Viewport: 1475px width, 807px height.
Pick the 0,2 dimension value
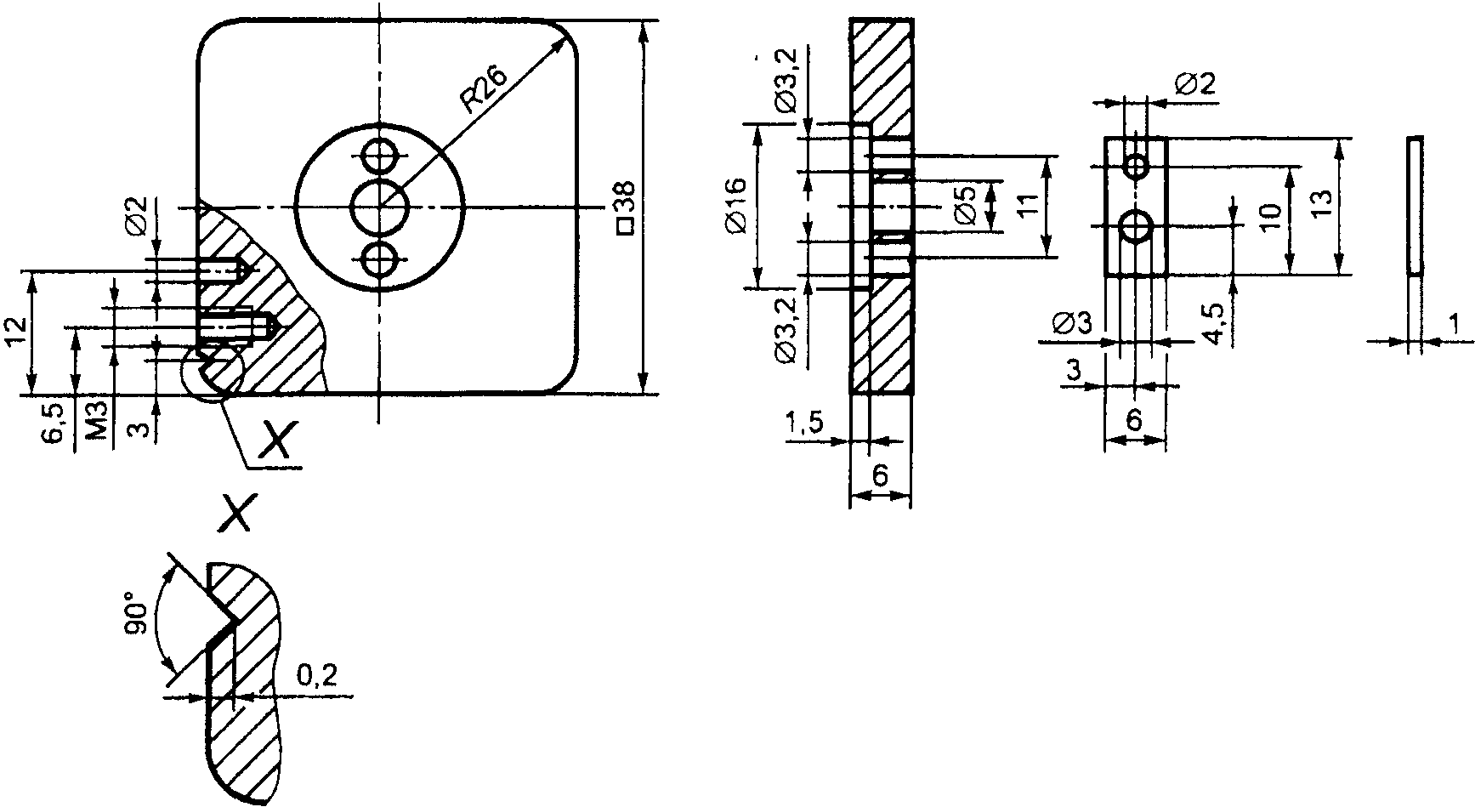(x=316, y=676)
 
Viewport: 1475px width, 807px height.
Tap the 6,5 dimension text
(x=52, y=423)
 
